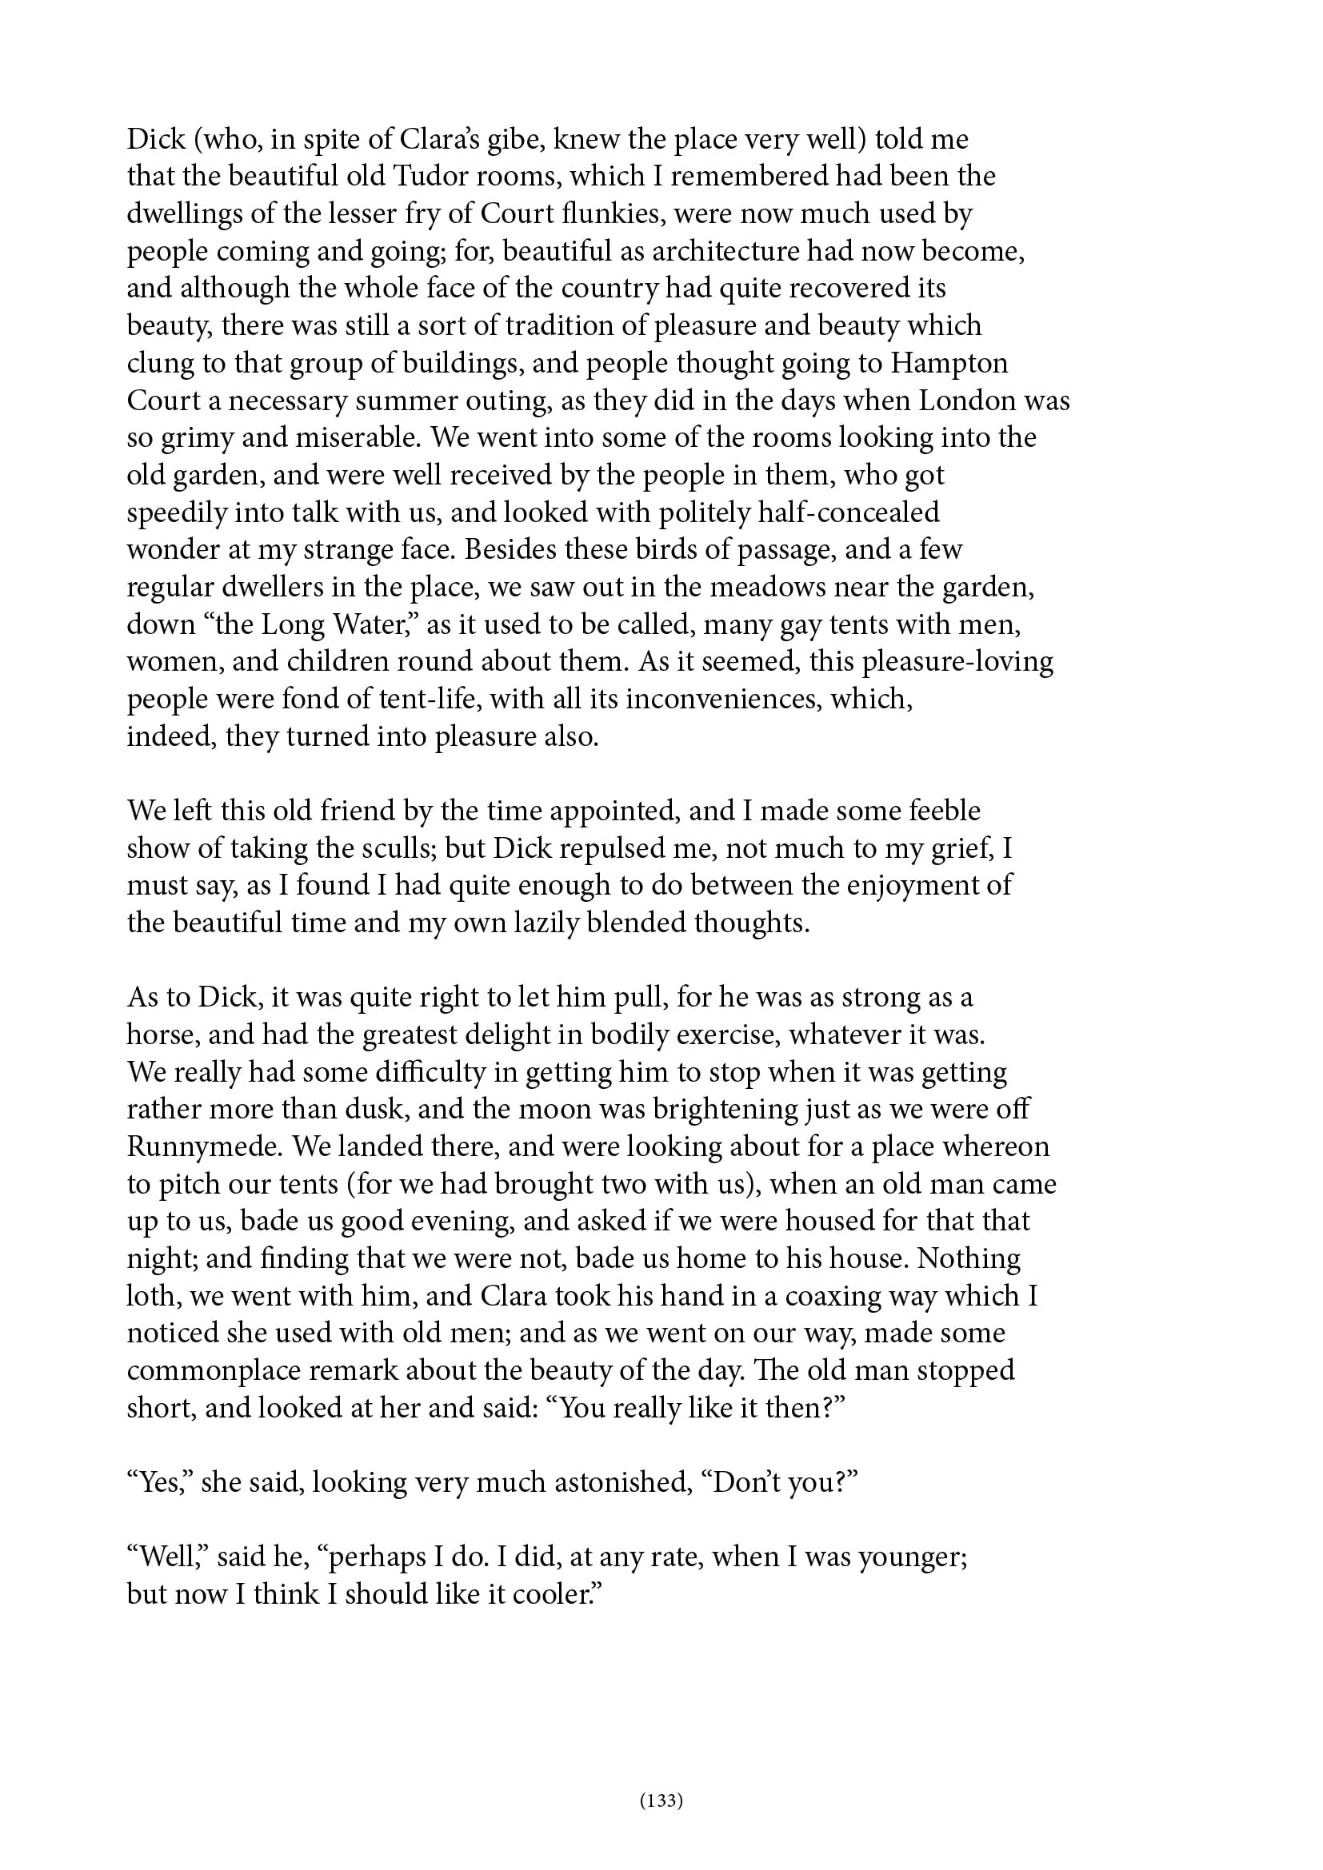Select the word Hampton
949,363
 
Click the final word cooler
554,1594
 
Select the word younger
913,1557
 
